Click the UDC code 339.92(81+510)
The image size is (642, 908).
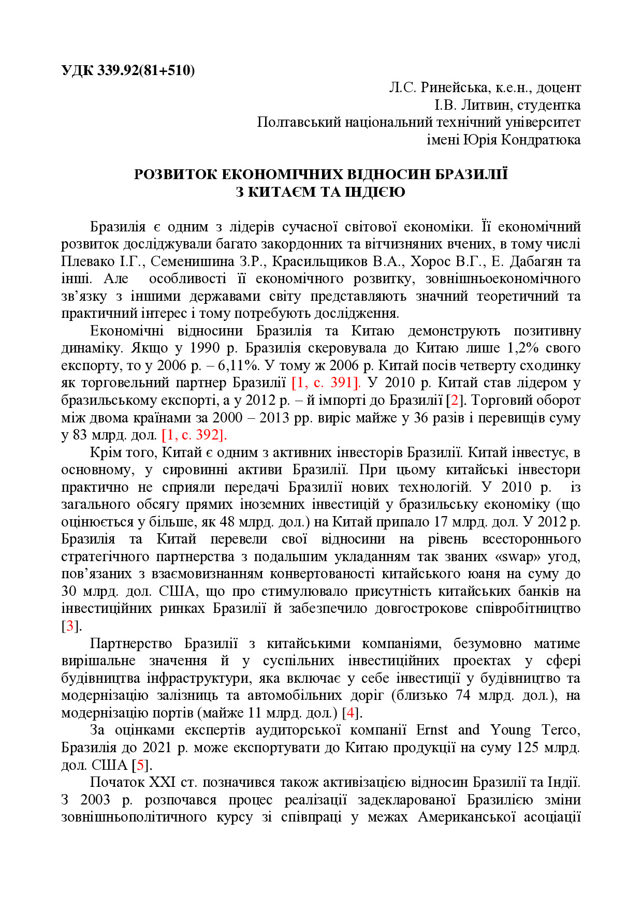[146, 70]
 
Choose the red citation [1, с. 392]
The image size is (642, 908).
[194, 435]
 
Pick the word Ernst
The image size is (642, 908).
[432, 730]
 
